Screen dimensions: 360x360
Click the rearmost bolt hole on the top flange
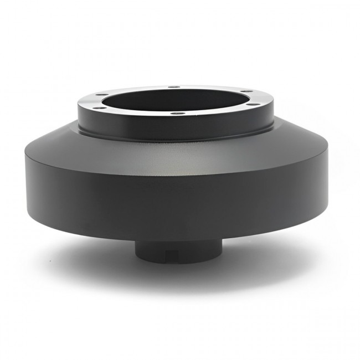point(173,87)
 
